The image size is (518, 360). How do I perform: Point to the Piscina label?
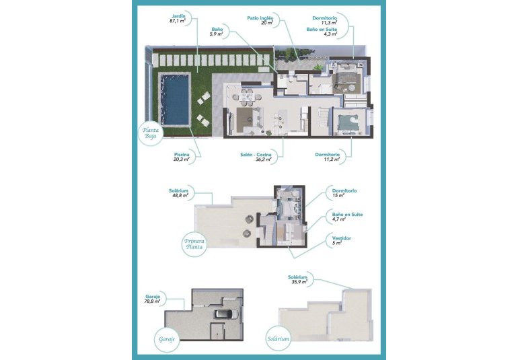(181, 155)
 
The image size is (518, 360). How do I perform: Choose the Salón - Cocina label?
(256, 155)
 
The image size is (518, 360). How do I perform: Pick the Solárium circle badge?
(277, 338)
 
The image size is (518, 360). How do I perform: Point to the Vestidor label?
(342, 238)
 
